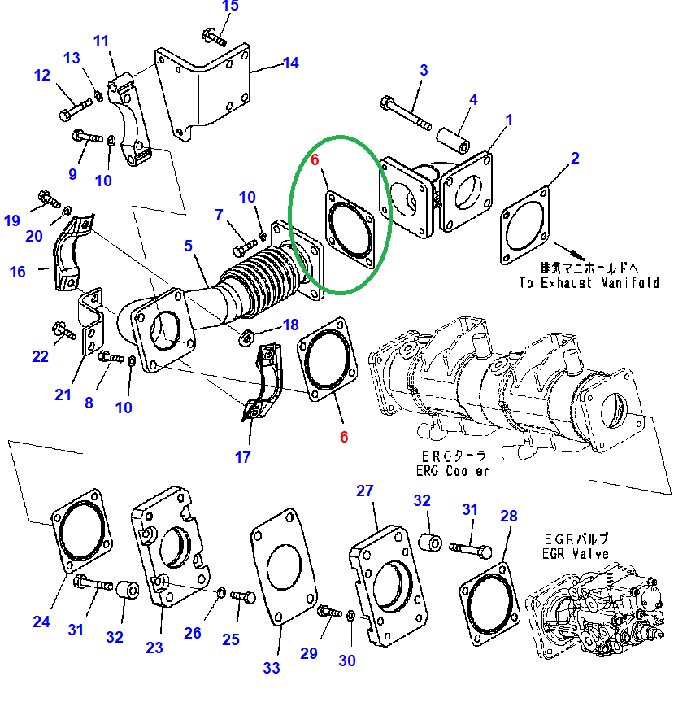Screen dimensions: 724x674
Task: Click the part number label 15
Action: coord(230,7)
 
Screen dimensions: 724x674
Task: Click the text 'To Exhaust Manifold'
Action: coord(589,283)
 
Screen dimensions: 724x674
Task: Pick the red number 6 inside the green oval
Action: coord(315,160)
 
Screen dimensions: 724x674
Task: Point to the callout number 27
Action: coord(365,491)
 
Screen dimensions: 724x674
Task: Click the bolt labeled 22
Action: coord(65,331)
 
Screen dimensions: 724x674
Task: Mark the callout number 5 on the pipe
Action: coord(189,245)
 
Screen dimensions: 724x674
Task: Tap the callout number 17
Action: coord(243,457)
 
